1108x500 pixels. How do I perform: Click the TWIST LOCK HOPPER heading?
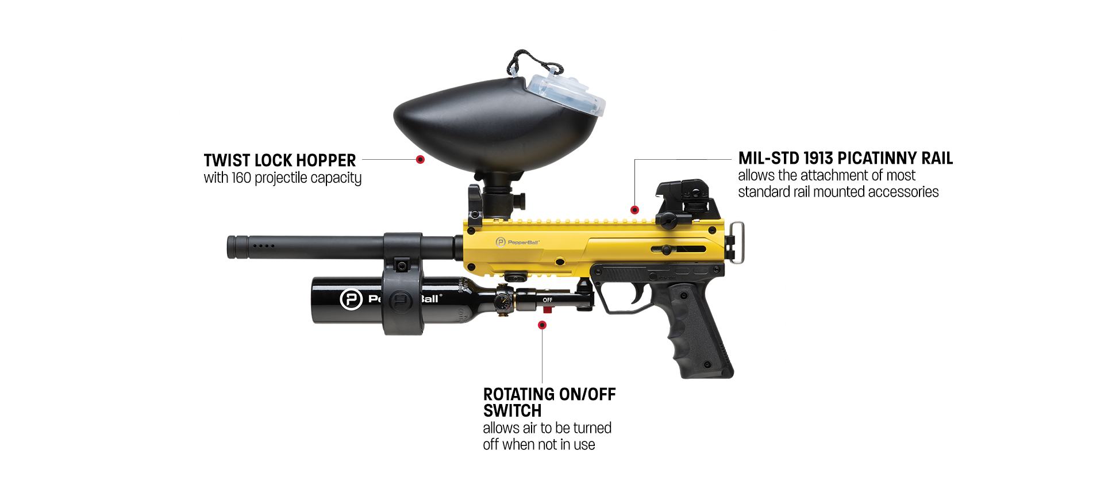pyautogui.click(x=279, y=160)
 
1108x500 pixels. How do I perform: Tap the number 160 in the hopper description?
pyautogui.click(x=241, y=178)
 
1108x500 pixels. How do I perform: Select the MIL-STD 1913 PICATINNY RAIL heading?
pyautogui.click(x=845, y=158)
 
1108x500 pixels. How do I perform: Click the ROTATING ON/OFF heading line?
pyautogui.click(x=549, y=394)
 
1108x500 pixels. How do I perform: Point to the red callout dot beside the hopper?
pyautogui.click(x=420, y=159)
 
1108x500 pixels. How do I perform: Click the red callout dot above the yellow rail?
pyautogui.click(x=634, y=210)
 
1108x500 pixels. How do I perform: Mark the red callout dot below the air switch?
pyautogui.click(x=542, y=325)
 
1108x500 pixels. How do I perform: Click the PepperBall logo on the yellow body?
pyautogui.click(x=518, y=242)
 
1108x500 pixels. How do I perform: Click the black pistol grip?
pyautogui.click(x=698, y=333)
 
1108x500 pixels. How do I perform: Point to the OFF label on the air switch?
pyautogui.click(x=548, y=300)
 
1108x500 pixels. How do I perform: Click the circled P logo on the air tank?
pyautogui.click(x=351, y=299)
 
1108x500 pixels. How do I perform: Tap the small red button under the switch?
pyautogui.click(x=547, y=310)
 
